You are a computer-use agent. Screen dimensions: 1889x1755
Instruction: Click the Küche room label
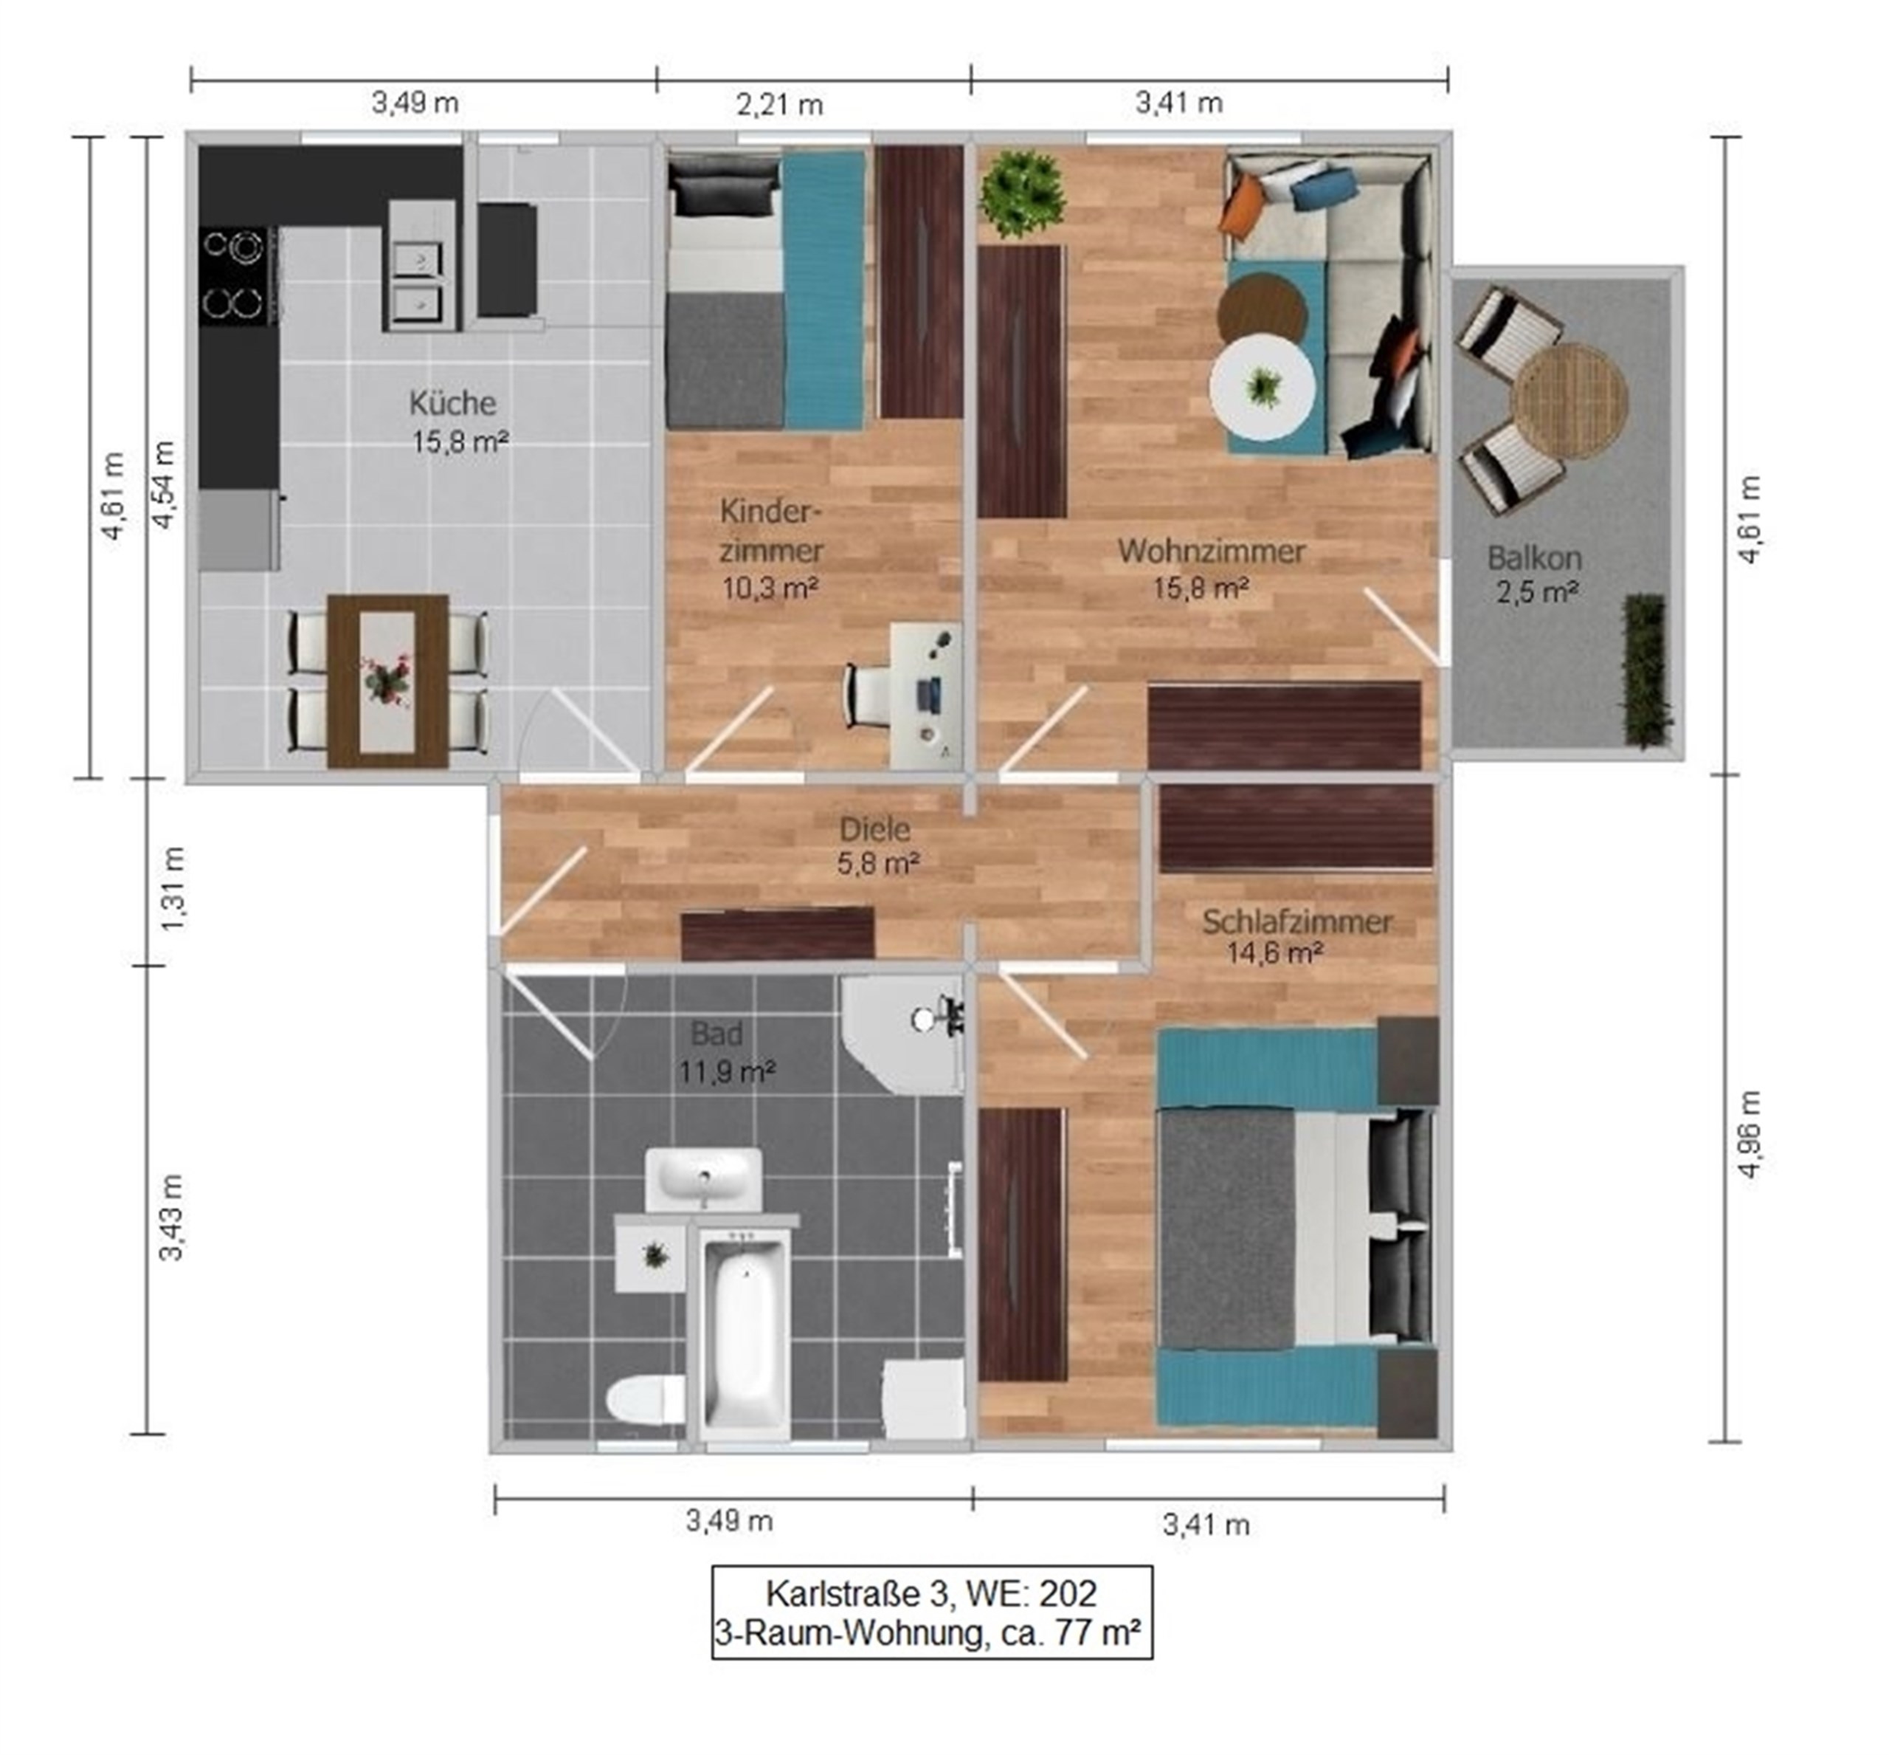(x=452, y=402)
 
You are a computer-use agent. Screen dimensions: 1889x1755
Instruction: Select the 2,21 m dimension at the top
(x=779, y=103)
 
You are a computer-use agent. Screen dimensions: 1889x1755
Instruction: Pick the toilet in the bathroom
(x=646, y=1400)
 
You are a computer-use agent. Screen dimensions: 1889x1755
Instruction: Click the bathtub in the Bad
(x=743, y=1330)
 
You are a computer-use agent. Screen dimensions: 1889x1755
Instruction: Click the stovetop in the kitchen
(x=238, y=275)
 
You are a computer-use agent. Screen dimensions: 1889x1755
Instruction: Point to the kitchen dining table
(x=387, y=680)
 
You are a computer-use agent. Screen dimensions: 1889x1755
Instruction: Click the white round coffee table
(x=1262, y=387)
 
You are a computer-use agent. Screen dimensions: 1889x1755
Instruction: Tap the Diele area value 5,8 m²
(x=878, y=863)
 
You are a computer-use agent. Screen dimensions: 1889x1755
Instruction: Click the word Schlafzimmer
(x=1296, y=921)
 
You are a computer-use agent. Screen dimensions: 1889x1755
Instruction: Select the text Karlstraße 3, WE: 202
(x=931, y=1593)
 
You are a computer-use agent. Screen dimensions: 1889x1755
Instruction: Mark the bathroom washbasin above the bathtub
(x=703, y=1178)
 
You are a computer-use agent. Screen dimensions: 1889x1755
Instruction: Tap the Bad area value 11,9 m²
(x=727, y=1072)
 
